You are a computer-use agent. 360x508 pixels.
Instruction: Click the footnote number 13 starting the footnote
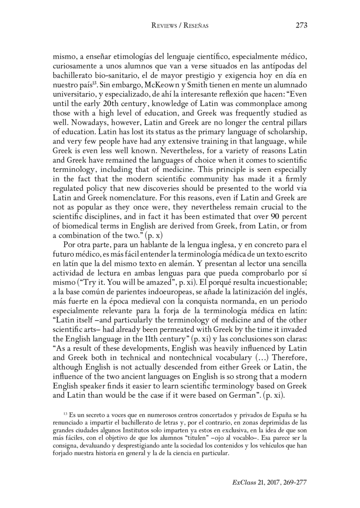click(x=65, y=412)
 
